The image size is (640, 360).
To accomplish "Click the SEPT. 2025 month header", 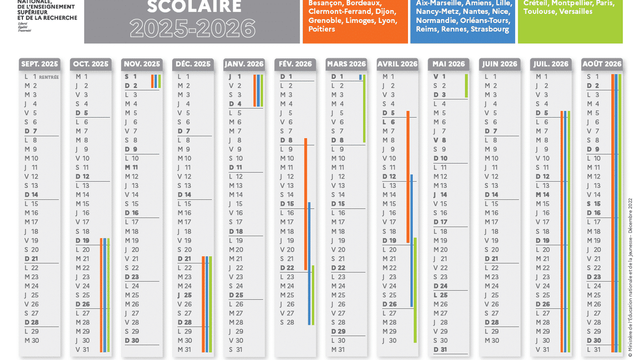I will pos(39,64).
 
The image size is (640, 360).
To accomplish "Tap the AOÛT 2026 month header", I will pos(602,64).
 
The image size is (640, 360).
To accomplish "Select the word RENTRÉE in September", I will pos(49,77).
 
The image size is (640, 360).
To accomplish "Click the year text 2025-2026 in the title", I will pos(193,28).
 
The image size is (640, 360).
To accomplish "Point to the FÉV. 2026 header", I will pos(295,64).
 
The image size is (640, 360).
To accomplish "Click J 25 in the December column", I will pos(184,295).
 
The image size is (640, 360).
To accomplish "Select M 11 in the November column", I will pos(131,167).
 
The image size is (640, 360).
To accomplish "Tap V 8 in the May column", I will pos(440,140).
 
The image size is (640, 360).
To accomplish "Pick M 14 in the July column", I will pos(542,195).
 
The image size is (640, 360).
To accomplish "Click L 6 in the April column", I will pos(389,122).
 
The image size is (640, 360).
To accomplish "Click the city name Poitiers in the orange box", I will pos(322,29).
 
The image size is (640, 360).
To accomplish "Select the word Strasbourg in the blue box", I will pos(490,29).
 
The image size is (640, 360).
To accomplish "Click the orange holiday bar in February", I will pos(306,203).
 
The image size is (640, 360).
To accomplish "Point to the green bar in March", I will pos(364,107).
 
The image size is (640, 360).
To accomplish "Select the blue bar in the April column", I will pos(411,240).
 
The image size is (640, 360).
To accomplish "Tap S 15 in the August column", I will pos(594,204).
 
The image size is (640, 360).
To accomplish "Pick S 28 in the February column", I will pos(287,322).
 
